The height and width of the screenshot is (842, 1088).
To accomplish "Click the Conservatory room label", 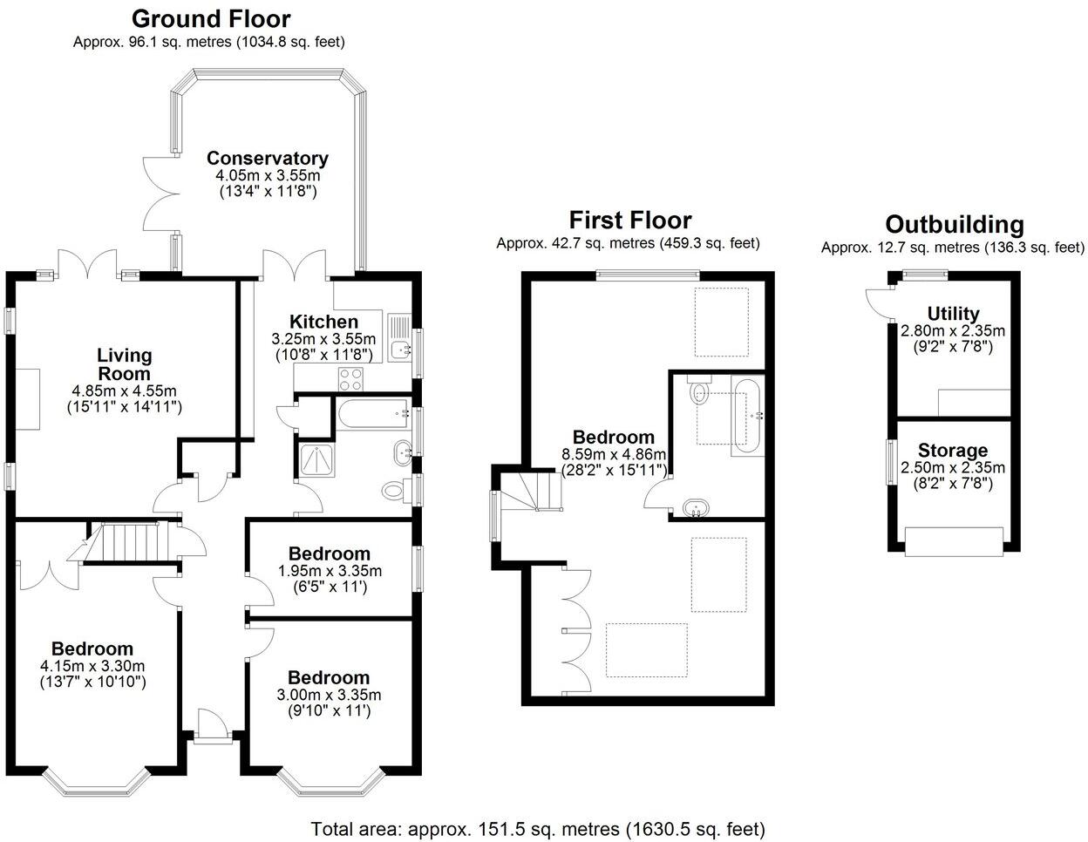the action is (x=267, y=158).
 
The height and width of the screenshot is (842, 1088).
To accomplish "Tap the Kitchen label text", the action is (x=323, y=322).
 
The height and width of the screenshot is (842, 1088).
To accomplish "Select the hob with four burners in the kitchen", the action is (x=350, y=379).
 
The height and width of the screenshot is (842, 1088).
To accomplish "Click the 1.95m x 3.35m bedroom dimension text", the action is (x=330, y=571).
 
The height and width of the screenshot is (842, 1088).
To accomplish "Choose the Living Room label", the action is (x=124, y=364).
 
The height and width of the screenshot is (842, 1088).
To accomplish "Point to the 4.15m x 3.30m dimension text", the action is (x=92, y=666).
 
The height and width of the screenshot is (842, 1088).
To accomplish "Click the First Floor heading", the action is (x=629, y=220).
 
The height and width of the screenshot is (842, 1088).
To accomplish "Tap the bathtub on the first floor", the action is (x=747, y=416).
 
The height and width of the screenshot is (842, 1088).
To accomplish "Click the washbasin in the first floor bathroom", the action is (x=696, y=508).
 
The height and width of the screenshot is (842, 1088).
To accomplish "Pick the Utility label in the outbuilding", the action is (x=953, y=314).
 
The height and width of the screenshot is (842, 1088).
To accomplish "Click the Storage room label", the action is (x=952, y=451).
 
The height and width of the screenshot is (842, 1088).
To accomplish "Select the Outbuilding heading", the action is (x=954, y=225).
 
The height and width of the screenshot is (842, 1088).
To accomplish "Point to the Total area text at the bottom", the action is (x=538, y=827).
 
